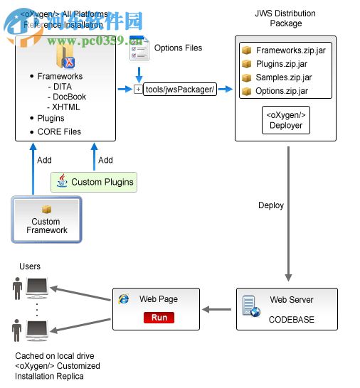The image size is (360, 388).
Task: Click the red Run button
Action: (x=159, y=317)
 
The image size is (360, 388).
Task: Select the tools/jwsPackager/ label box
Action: (x=179, y=90)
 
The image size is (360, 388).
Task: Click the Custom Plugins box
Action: (x=94, y=182)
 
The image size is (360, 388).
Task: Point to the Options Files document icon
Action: (x=139, y=48)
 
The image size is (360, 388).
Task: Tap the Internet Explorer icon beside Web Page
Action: (x=125, y=300)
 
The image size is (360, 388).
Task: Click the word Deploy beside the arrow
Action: (x=270, y=205)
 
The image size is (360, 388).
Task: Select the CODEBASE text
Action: (x=291, y=320)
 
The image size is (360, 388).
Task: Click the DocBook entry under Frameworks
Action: (x=70, y=97)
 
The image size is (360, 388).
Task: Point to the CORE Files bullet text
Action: (x=59, y=131)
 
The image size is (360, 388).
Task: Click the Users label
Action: (x=30, y=266)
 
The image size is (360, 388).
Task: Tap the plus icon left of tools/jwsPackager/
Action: (x=138, y=90)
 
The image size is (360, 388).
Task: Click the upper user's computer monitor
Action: (x=37, y=287)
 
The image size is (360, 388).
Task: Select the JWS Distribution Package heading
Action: (x=285, y=18)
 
